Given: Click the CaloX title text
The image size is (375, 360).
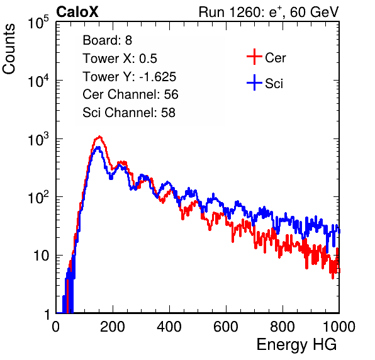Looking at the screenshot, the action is tap(77, 12).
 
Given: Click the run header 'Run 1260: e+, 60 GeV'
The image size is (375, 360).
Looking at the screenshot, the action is tap(269, 12).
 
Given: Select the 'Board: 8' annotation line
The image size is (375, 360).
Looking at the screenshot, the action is tap(107, 40).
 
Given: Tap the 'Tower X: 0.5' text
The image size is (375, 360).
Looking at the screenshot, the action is tap(120, 59).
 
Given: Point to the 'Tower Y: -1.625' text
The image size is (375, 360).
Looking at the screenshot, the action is tap(129, 77).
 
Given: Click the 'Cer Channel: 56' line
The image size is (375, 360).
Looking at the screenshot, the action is tap(130, 94).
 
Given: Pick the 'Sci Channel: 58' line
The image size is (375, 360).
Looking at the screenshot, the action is tap(129, 113).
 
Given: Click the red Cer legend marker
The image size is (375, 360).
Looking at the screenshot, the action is tap(254, 57).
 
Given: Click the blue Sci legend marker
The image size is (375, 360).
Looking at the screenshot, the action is tap(254, 82).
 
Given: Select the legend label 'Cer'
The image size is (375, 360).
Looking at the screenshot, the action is tap(275, 58).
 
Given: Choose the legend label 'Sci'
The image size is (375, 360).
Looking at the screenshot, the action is tap(274, 84).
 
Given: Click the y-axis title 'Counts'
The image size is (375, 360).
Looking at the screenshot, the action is tap(9, 49).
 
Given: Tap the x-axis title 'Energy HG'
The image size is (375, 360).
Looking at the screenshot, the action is tap(296, 345).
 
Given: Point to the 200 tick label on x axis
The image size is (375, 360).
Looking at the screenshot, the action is tap(113, 327).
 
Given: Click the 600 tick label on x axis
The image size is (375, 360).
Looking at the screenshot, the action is tap(226, 327).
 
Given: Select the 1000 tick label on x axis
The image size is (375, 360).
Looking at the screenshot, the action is tap(339, 327).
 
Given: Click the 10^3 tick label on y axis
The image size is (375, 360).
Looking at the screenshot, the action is tap(38, 139).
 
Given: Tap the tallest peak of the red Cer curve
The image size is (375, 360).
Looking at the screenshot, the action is tap(99, 137).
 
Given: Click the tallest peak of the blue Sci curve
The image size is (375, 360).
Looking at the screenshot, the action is tap(98, 147).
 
